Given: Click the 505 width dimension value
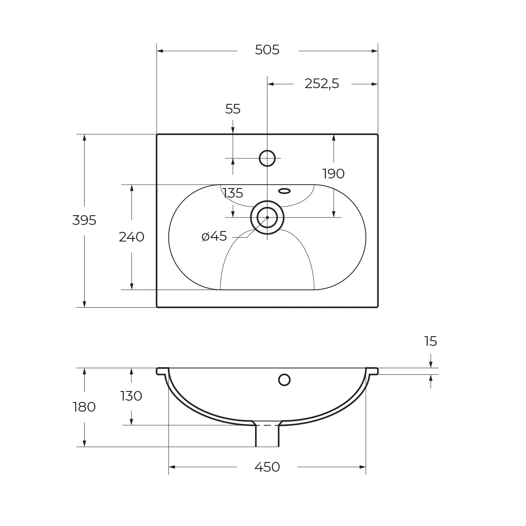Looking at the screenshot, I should point(267,50).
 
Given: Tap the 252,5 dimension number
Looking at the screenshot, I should point(322,84).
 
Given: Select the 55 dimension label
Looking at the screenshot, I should point(233,109).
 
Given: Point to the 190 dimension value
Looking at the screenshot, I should point(334,174).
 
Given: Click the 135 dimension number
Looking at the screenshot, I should point(233,193).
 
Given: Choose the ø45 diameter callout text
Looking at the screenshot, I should point(214,237).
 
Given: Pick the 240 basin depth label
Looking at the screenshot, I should point(131,237).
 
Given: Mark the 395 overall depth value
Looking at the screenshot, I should point(84,220).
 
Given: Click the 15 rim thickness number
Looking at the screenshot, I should point(430,341).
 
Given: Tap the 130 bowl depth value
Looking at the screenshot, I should point(131,396).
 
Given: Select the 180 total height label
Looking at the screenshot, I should point(84,407).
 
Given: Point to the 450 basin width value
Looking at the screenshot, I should point(267,467).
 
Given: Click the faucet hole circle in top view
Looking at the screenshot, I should point(267,158).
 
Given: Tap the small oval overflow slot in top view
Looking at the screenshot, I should point(284,191).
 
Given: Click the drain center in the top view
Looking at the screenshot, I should point(267,217).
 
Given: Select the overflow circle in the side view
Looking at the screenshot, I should point(284,380).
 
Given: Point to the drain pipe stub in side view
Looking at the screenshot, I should point(267,436).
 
